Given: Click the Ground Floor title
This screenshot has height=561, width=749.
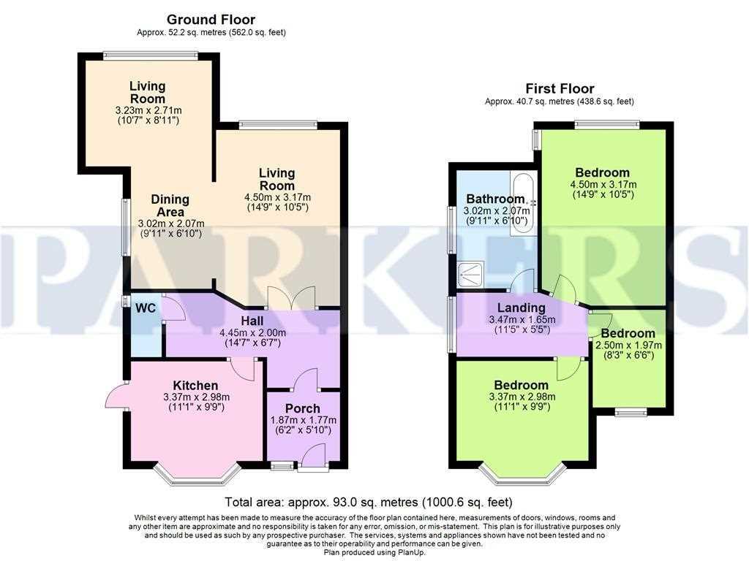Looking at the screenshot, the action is pos(211,20).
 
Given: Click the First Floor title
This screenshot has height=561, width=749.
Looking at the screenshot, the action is pos(560,88).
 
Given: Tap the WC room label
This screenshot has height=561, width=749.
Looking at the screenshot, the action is pos(146,308).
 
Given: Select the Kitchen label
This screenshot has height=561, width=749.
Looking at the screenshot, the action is pos(195,386).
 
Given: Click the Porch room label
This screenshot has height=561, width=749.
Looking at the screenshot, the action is pos(302,409).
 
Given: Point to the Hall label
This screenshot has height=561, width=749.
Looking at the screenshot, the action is pos(252,321).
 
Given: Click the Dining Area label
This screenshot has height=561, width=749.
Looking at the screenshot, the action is pos(170,205).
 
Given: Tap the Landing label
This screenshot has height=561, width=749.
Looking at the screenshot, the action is pos(521,308).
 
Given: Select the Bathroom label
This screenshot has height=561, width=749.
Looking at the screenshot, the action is pos(495,199).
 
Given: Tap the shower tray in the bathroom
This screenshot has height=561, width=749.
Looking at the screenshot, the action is pos(470,275).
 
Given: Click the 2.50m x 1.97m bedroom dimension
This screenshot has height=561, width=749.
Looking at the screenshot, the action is pos(628,345).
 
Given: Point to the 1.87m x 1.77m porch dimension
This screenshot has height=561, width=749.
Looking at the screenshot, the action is pos(304,420).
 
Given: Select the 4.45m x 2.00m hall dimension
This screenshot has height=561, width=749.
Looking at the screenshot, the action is pos(252,332).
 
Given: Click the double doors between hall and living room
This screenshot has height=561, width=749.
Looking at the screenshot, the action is pos(291,298).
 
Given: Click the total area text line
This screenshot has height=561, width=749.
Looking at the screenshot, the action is pos(369,503).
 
